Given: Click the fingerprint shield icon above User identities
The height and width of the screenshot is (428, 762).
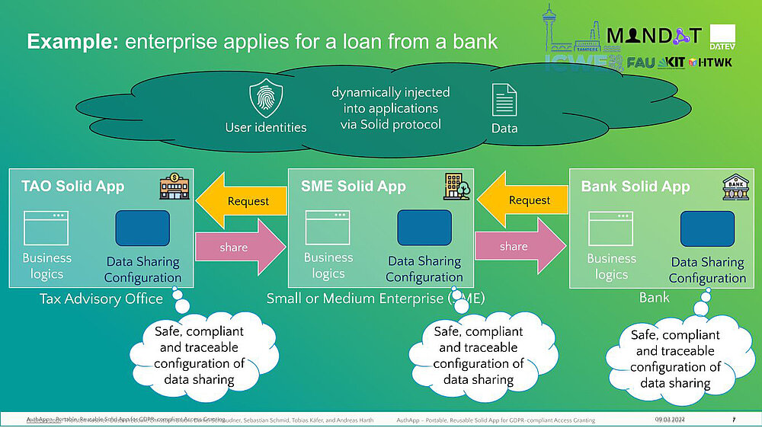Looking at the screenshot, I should tap(266, 99).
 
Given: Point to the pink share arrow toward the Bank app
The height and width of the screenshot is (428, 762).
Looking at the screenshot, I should tap(520, 246).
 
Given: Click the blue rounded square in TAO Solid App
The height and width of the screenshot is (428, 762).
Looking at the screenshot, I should tap(142, 228).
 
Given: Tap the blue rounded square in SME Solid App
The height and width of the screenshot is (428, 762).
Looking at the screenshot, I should tap(424, 228).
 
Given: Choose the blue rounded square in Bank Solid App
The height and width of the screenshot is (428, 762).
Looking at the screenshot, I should tap(707, 229).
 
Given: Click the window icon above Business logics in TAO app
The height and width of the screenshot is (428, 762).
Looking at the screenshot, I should tap(46, 228).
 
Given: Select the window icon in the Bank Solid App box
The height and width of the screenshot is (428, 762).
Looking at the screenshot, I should tap(610, 228).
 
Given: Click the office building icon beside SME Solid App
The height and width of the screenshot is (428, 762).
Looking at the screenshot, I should tap(457, 187).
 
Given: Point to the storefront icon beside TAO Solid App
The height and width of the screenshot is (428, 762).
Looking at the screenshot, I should tap(174, 187).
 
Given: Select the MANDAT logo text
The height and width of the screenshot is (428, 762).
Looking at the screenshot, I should tap(653, 35).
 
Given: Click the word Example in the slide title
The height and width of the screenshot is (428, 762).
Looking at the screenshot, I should tap(72, 41).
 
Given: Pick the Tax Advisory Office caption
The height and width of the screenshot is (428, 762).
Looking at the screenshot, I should tap(101, 299).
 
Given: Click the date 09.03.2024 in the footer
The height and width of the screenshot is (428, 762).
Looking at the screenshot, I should tap(670, 420).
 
